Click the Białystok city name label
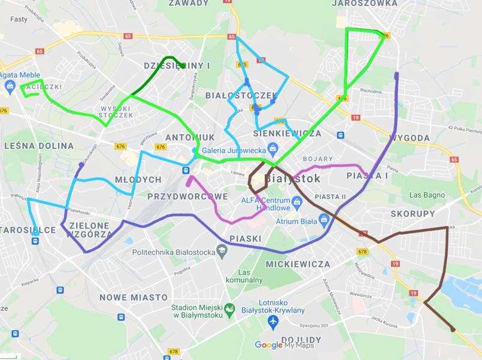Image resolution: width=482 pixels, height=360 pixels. pyautogui.click(x=292, y=179)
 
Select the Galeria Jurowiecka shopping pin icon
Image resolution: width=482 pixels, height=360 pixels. pyautogui.click(x=272, y=147)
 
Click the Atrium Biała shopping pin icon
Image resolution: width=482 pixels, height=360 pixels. pyautogui.click(x=324, y=220)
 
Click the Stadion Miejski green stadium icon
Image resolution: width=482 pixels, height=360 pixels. pyautogui.click(x=229, y=311)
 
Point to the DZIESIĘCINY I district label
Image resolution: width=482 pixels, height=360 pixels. pyautogui.click(x=177, y=65)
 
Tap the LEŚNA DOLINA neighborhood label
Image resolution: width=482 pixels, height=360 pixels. pyautogui.click(x=38, y=146)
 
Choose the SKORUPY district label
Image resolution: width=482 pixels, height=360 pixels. pyautogui.click(x=413, y=213)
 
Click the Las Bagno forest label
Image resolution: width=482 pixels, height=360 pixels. pyautogui.click(x=427, y=195)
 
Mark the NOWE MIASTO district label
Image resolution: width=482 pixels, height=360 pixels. pyautogui.click(x=134, y=297)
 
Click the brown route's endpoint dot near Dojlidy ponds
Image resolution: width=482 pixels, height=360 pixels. pyautogui.click(x=453, y=329)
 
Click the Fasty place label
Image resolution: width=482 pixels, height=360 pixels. pyautogui.click(x=19, y=19)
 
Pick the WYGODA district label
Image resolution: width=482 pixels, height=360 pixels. pyautogui.click(x=410, y=138)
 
